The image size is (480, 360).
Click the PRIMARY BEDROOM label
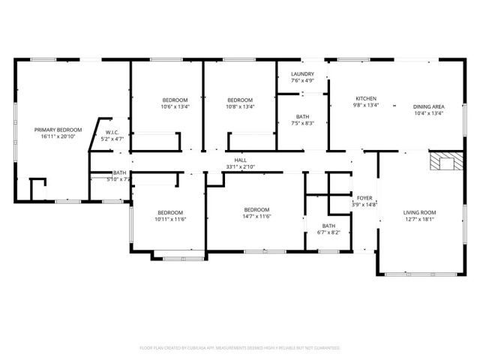pyautogui.click(x=58, y=130)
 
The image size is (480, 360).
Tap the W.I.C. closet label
pyautogui.click(x=113, y=132)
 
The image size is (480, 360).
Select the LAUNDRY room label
pyautogui.click(x=302, y=74)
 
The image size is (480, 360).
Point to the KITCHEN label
pyautogui.click(x=366, y=99)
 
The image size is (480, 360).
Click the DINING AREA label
pyautogui.click(x=428, y=106)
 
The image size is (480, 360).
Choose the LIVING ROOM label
pyautogui.click(x=419, y=212)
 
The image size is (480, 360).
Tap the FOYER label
pyautogui.click(x=364, y=198)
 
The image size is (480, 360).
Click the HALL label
pyautogui.click(x=240, y=160)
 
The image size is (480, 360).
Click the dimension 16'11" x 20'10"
pyautogui.click(x=58, y=137)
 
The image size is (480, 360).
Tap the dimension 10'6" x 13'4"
pyautogui.click(x=175, y=106)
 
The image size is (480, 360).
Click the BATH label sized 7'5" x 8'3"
pyautogui.click(x=302, y=116)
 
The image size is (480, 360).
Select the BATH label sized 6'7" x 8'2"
pyautogui.click(x=329, y=226)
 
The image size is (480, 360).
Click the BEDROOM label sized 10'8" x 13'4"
pyautogui.click(x=240, y=100)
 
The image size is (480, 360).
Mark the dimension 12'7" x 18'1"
pyautogui.click(x=419, y=219)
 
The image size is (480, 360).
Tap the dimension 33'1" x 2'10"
pyautogui.click(x=240, y=166)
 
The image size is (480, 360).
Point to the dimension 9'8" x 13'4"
pyautogui.click(x=366, y=106)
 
